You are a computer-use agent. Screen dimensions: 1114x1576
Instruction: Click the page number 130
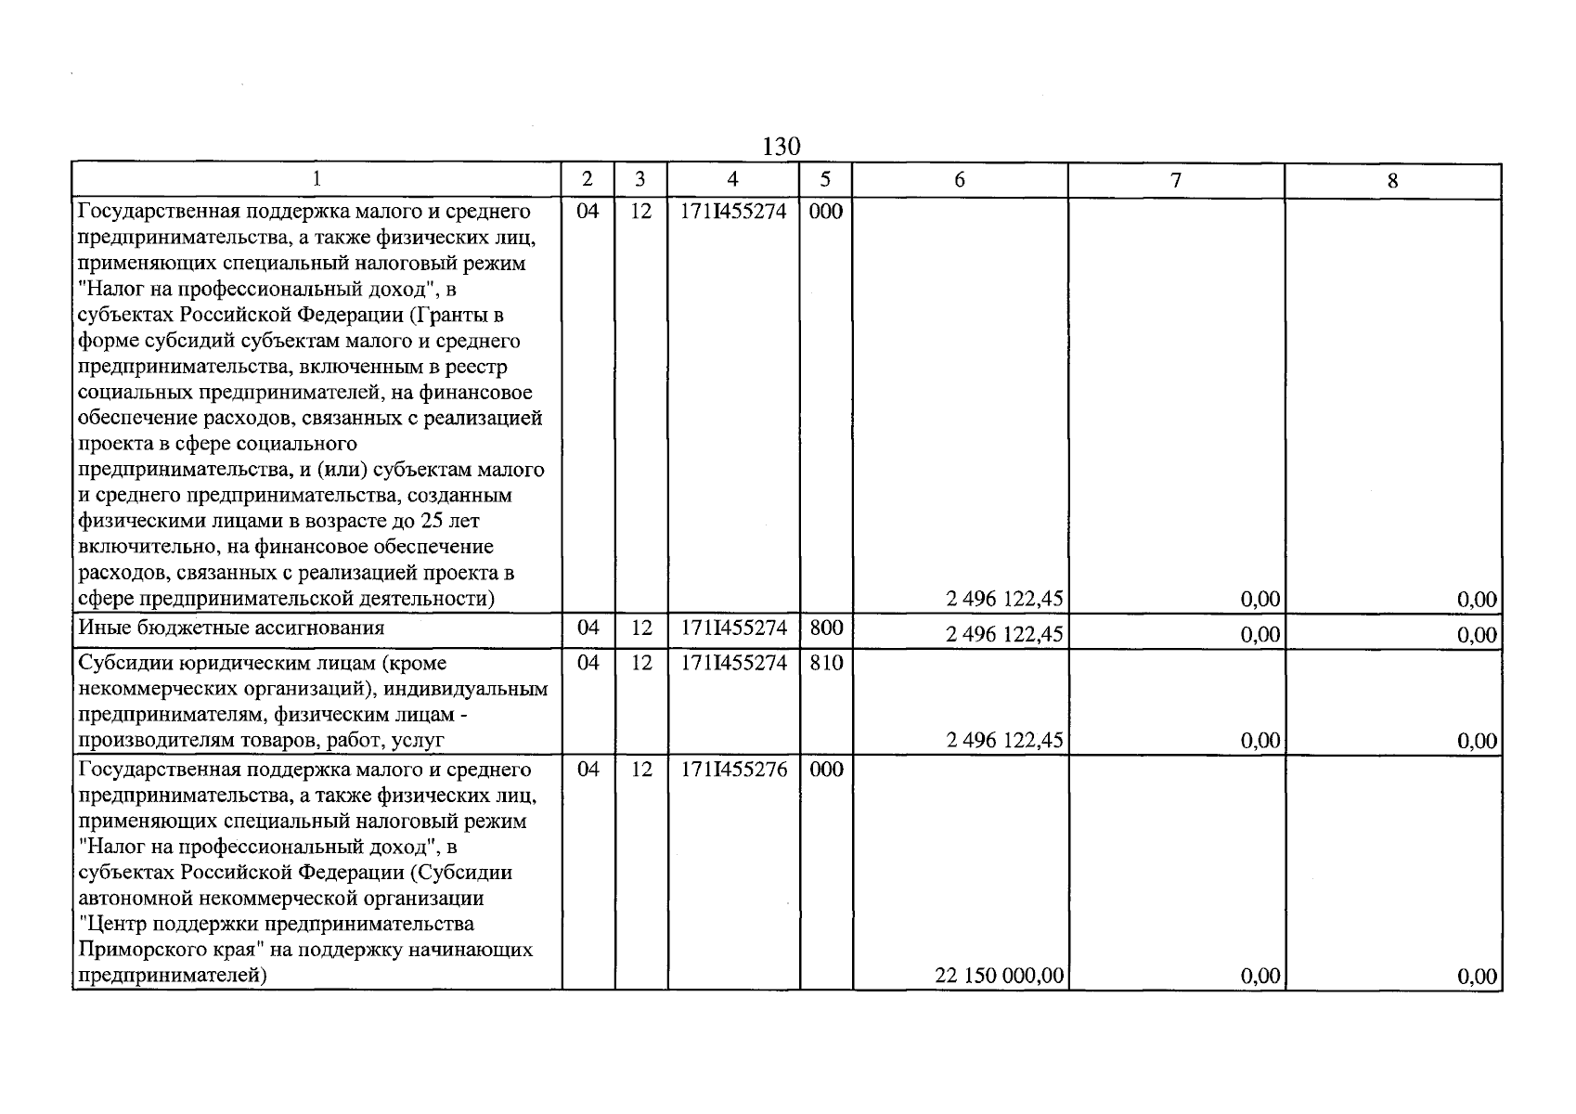[x=781, y=147]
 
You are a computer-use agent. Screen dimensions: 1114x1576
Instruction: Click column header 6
[x=959, y=180]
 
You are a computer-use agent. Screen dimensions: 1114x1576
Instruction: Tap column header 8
[x=1392, y=181]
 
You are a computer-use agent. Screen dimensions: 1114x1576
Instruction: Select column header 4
[x=732, y=180]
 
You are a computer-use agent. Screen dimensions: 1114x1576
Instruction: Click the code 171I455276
[x=733, y=770]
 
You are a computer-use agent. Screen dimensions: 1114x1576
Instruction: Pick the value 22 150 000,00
[x=1000, y=977]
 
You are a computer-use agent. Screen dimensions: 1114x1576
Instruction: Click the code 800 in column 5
[x=825, y=628]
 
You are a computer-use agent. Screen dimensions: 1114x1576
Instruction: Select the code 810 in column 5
[x=825, y=664]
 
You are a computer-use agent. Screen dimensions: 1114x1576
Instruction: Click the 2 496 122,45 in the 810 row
[x=1004, y=741]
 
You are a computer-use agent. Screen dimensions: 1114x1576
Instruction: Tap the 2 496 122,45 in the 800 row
[x=1004, y=635]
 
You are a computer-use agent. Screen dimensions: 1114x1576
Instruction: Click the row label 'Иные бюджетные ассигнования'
[x=231, y=628]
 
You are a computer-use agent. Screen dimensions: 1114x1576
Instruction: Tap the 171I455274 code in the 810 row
[x=733, y=664]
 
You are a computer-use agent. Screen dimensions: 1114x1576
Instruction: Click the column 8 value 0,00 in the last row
[x=1477, y=977]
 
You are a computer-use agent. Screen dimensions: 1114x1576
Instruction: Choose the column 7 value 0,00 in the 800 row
[x=1260, y=635]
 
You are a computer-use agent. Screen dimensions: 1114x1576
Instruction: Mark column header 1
[x=316, y=180]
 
